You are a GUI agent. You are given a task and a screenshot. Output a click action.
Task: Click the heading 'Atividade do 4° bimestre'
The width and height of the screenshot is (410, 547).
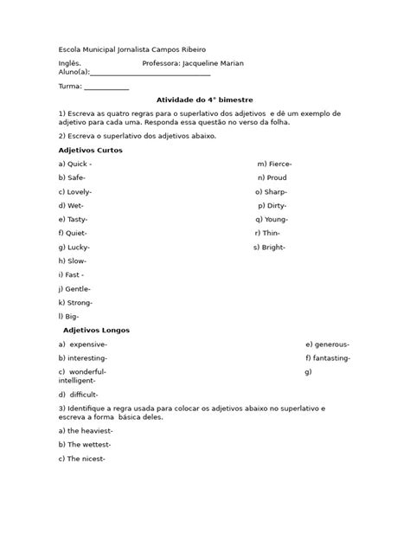coord(204,100)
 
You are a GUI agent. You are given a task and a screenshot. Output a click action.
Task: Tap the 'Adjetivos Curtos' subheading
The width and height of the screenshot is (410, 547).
coord(91,151)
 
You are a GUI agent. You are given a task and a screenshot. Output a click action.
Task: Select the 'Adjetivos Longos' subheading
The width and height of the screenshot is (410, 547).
coord(98,330)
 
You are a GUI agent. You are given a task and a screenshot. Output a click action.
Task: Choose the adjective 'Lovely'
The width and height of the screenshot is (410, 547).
coord(79,191)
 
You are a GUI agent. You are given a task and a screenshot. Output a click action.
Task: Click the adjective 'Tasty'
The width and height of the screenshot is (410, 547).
coord(77,220)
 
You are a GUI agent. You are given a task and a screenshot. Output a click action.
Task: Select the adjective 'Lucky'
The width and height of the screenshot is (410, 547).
coord(78,248)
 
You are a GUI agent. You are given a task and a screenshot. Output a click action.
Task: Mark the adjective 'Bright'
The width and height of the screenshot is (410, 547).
coord(275,248)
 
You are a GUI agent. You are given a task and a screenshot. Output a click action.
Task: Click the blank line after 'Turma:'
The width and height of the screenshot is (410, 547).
coord(106,87)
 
